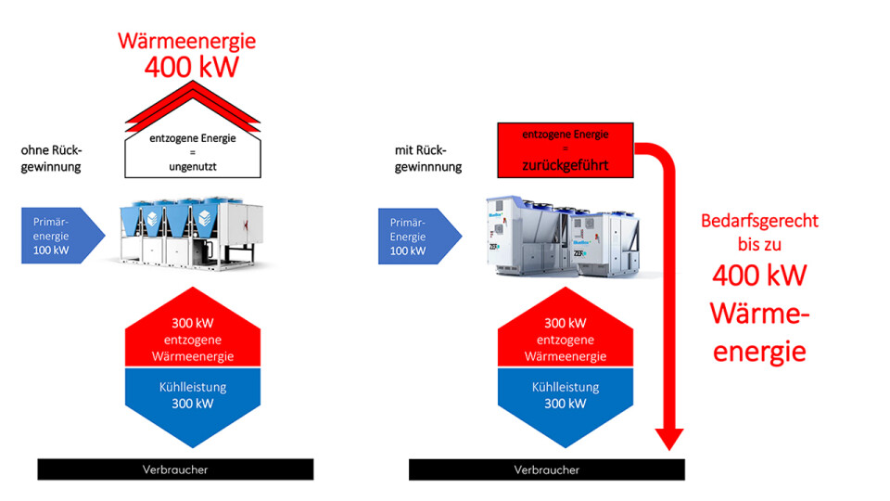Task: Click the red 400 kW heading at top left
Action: (x=192, y=67)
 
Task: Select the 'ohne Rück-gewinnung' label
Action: (x=51, y=159)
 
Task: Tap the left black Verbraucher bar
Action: (x=175, y=469)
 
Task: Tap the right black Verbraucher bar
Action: (x=547, y=469)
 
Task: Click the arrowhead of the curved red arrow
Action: (x=668, y=438)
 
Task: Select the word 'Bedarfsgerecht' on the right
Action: (x=758, y=223)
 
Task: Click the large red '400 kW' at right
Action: (x=758, y=276)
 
